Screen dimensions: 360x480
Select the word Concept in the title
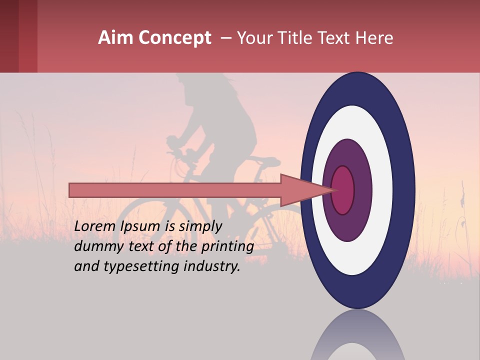pos(174,38)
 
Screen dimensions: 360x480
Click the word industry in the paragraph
pos(212,266)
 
